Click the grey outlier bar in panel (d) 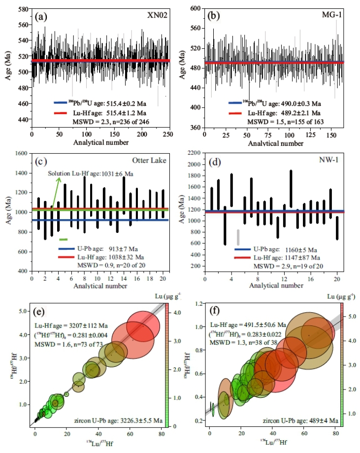pos(238,237)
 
